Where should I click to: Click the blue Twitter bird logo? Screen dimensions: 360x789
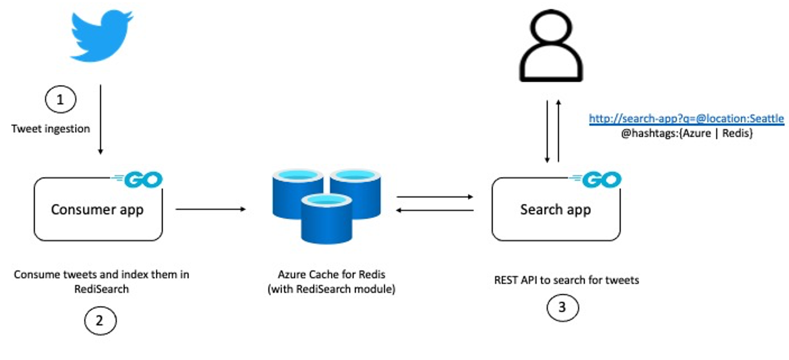click(x=101, y=36)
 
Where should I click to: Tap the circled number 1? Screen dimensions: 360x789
click(x=60, y=99)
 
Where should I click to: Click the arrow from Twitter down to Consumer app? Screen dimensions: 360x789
click(x=100, y=119)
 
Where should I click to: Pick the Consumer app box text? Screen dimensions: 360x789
click(x=97, y=210)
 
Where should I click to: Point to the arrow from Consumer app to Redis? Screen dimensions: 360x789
click(x=211, y=209)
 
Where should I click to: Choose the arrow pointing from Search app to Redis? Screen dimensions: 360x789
click(x=435, y=210)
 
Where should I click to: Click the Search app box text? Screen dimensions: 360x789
click(x=556, y=210)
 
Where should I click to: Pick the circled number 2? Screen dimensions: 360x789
click(x=100, y=321)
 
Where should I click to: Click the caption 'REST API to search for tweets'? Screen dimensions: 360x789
click(x=566, y=280)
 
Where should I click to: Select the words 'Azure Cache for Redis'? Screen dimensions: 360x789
click(x=331, y=275)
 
